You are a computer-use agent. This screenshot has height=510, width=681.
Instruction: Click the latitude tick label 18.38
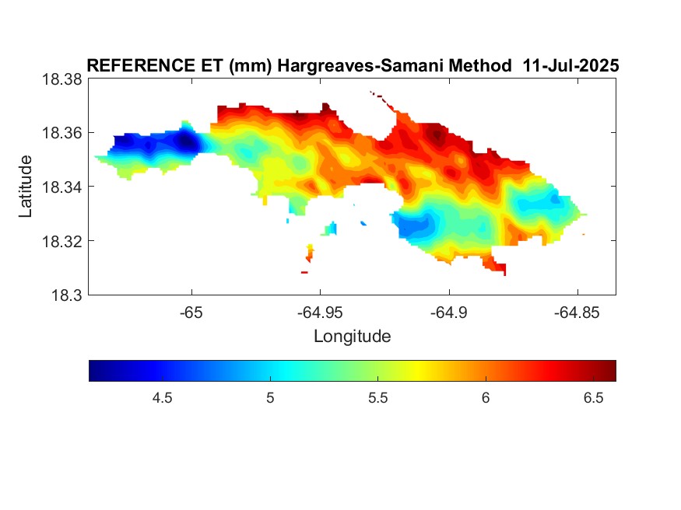pyautogui.click(x=61, y=79)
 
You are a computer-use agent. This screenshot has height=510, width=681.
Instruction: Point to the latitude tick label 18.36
pyautogui.click(x=61, y=133)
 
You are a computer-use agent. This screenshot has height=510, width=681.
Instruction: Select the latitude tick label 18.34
pyautogui.click(x=61, y=187)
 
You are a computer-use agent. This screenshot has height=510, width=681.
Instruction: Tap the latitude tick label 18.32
pyautogui.click(x=61, y=241)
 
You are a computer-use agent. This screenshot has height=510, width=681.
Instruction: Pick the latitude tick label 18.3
pyautogui.click(x=66, y=295)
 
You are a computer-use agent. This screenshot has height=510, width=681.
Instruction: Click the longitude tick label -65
pyautogui.click(x=191, y=313)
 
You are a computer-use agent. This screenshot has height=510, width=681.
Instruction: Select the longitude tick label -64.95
pyautogui.click(x=320, y=313)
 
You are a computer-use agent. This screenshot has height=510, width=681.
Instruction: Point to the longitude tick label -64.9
pyautogui.click(x=448, y=313)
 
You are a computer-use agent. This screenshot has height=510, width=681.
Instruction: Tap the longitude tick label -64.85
pyautogui.click(x=577, y=313)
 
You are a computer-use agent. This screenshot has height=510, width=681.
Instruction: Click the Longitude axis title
pyautogui.click(x=353, y=337)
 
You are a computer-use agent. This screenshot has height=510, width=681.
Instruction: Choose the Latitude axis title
pyautogui.click(x=26, y=187)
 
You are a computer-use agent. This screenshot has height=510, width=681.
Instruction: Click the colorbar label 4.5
pyautogui.click(x=162, y=398)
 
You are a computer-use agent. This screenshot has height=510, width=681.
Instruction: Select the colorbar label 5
pyautogui.click(x=270, y=398)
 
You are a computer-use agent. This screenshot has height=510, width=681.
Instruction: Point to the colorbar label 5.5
pyautogui.click(x=377, y=398)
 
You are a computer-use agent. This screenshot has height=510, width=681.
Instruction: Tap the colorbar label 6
pyautogui.click(x=486, y=398)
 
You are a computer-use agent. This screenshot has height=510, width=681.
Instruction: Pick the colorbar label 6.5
pyautogui.click(x=593, y=398)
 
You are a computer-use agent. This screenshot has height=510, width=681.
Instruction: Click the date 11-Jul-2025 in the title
pyautogui.click(x=570, y=65)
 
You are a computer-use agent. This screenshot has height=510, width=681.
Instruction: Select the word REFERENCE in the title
pyautogui.click(x=141, y=65)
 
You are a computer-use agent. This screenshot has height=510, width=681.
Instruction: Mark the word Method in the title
pyautogui.click(x=480, y=65)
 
